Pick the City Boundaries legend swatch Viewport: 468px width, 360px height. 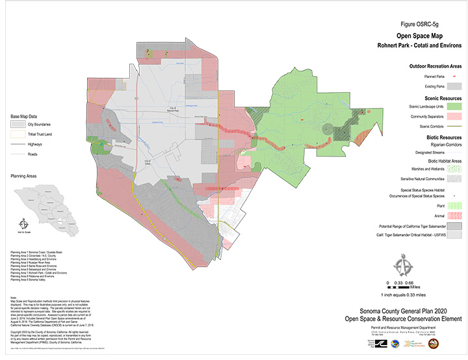pyautogui.click(x=18, y=123)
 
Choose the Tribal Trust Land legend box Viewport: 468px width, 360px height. pyautogui.click(x=18, y=134)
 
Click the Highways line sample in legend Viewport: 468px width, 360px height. pyautogui.click(x=18, y=144)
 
